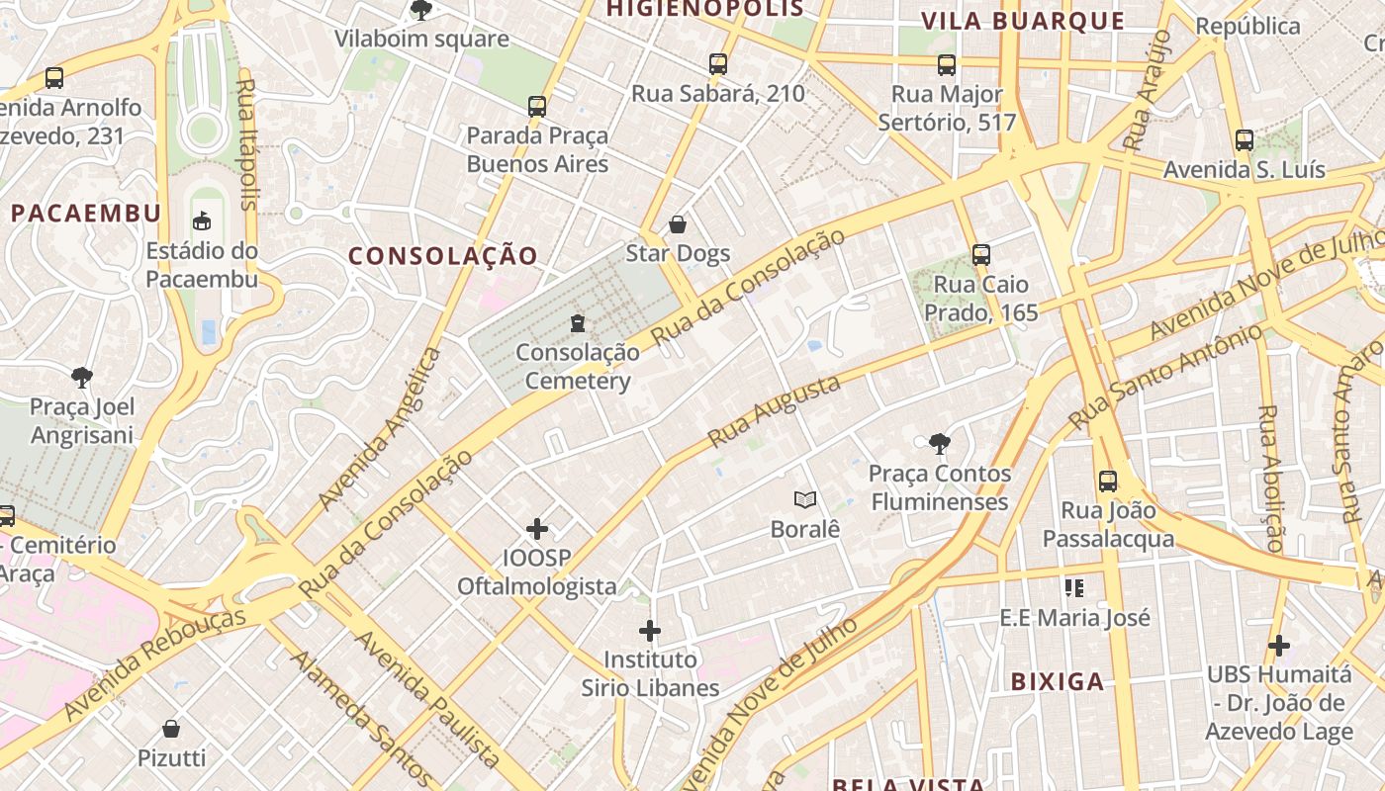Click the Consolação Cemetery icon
(578, 322)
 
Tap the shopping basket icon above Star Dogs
(678, 224)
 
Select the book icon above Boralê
(805, 500)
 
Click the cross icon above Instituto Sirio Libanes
(650, 630)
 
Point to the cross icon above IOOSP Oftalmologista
(537, 529)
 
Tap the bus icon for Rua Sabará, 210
(718, 64)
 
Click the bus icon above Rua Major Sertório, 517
(947, 65)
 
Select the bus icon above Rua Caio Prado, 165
(980, 255)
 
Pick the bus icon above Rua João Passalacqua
(1108, 482)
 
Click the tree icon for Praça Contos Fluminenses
(939, 444)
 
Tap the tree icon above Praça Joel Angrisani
(82, 377)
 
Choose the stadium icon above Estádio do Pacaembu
(202, 220)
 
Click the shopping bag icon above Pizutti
(171, 730)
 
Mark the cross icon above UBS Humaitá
(1278, 646)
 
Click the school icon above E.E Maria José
(1074, 589)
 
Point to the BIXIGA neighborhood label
(1058, 681)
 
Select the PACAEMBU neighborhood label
(86, 214)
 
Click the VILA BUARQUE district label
(1023, 21)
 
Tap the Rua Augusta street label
(775, 410)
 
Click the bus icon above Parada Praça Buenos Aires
(537, 106)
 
